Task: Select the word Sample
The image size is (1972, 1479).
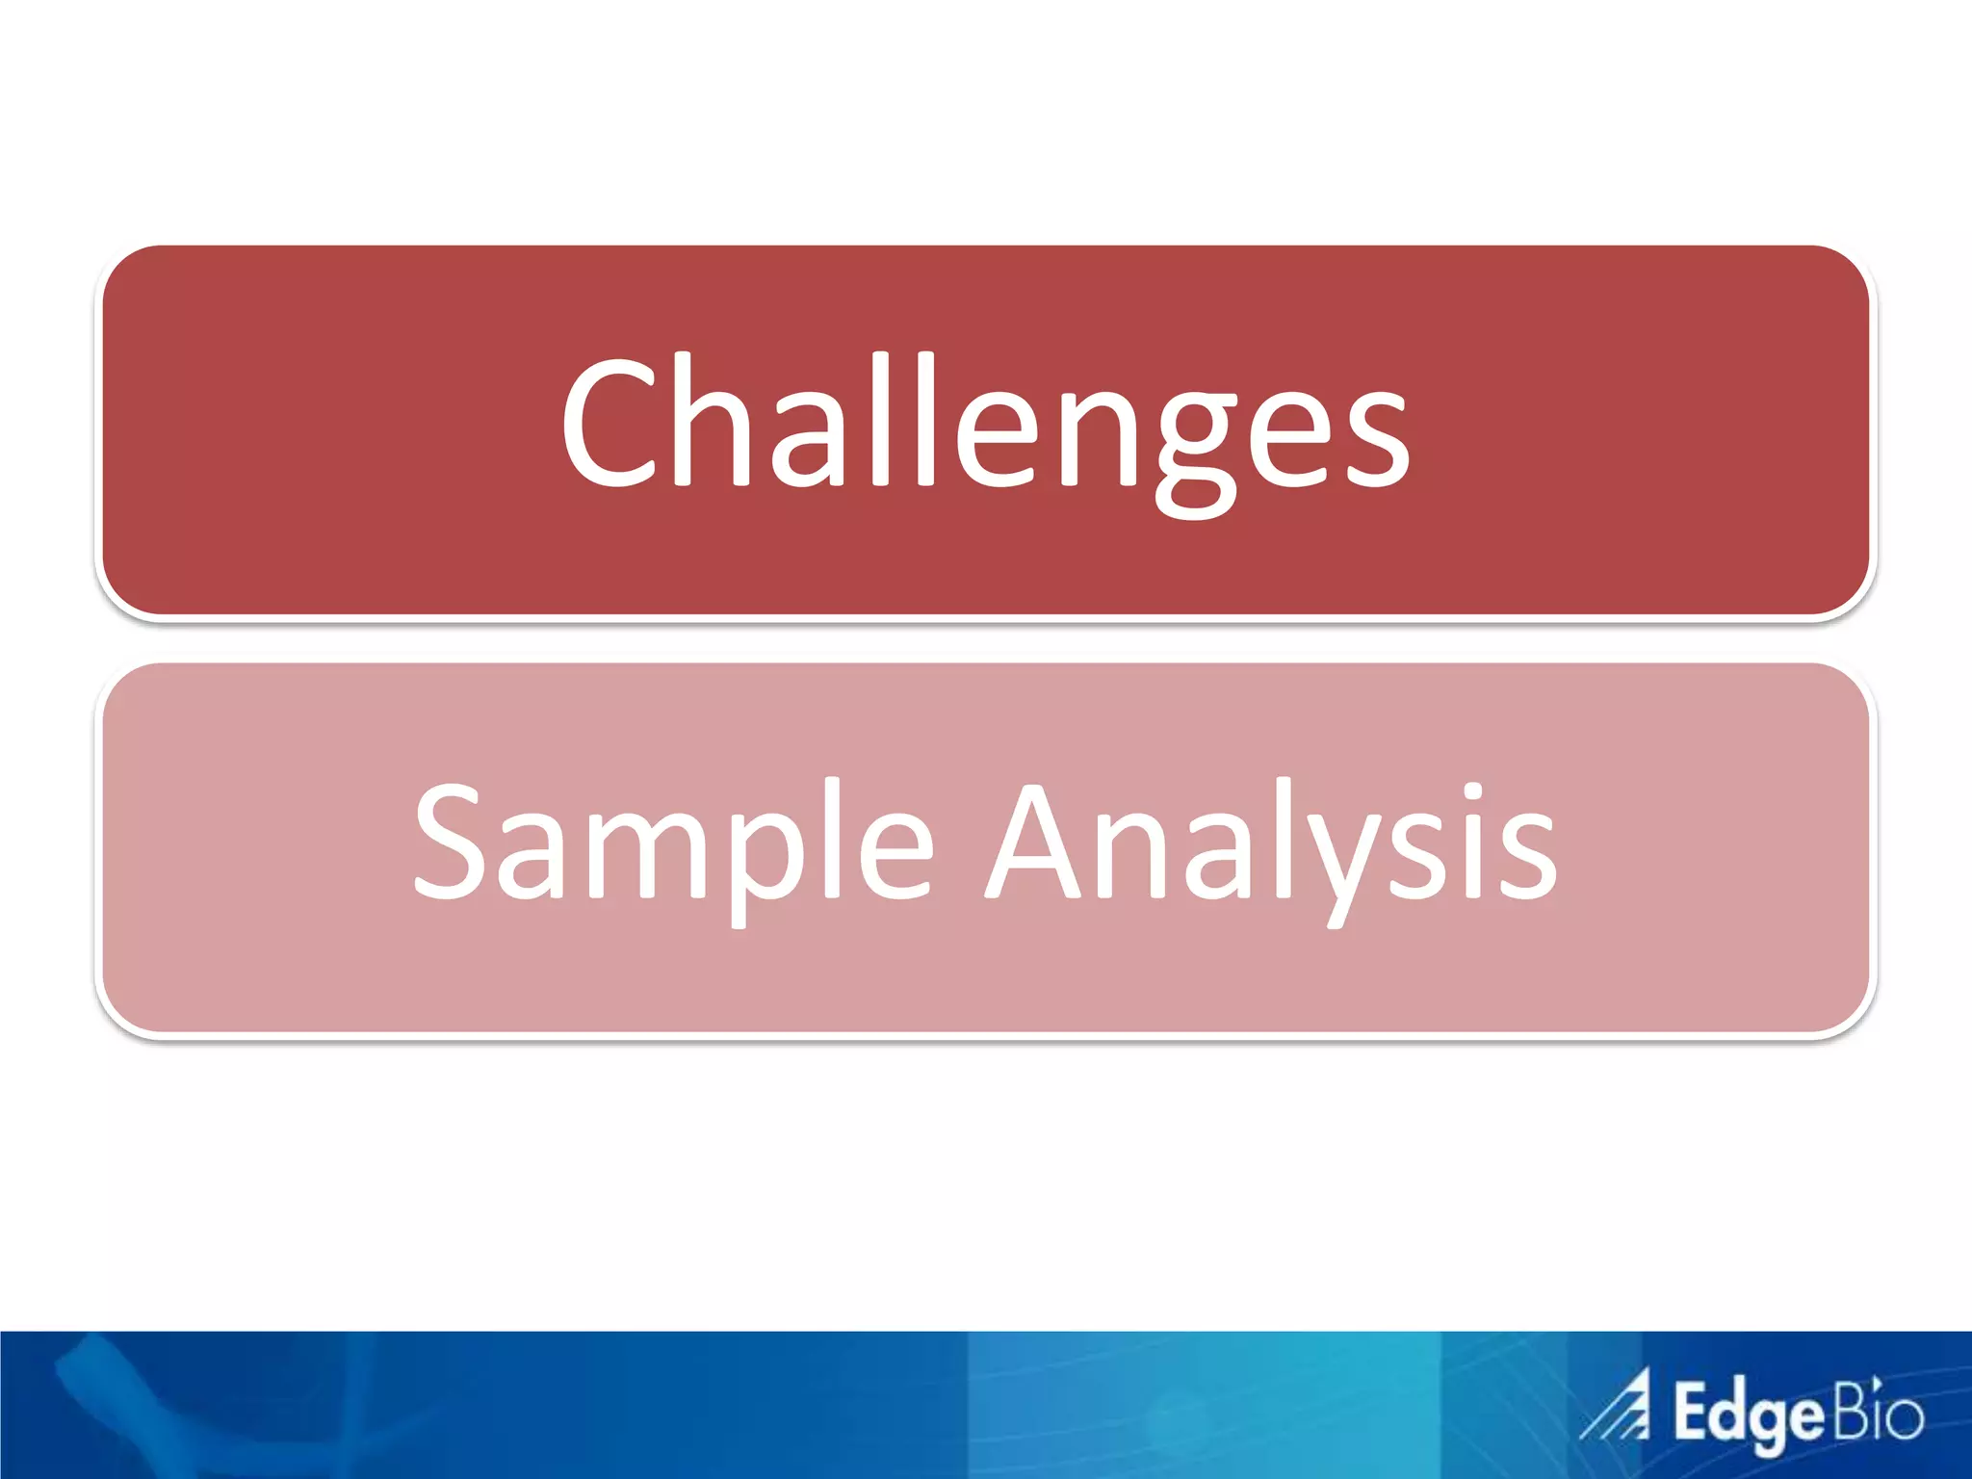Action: coord(674,843)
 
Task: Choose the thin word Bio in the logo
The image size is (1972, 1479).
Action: coord(1878,1411)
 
